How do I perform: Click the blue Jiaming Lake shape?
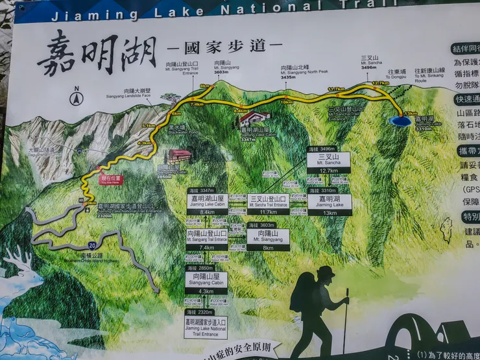(401, 121)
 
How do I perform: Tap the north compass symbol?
(77, 98)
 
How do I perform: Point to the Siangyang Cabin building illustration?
(178, 156)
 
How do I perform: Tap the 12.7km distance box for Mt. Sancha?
(328, 162)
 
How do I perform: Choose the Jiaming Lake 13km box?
(330, 204)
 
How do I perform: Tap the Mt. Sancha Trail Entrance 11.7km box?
(268, 204)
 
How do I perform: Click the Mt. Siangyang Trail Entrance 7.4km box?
(207, 239)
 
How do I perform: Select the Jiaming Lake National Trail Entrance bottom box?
(206, 326)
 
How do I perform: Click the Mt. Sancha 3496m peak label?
(368, 62)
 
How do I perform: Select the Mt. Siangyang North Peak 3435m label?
(288, 72)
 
